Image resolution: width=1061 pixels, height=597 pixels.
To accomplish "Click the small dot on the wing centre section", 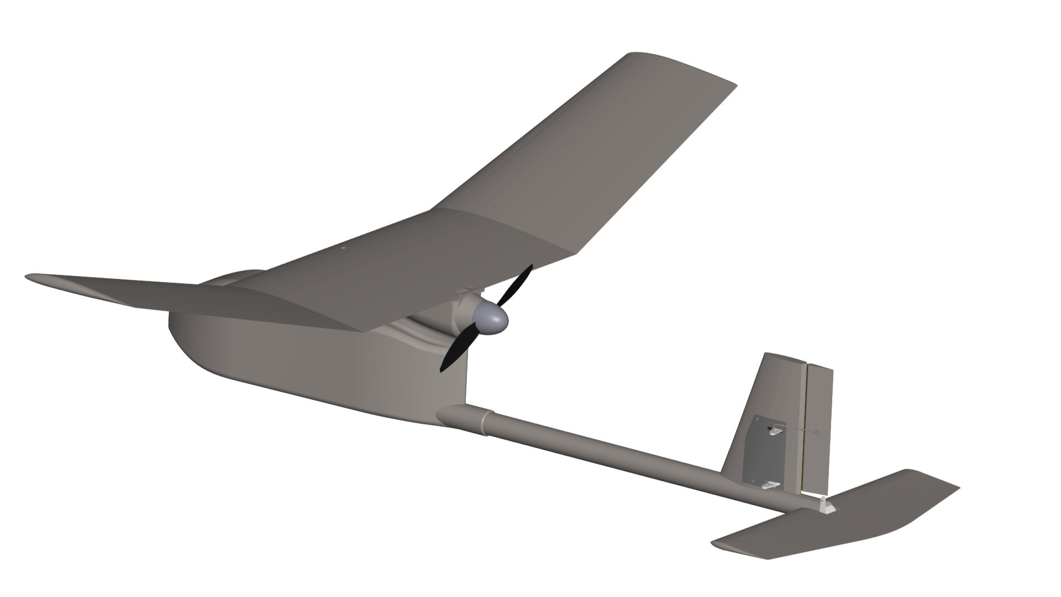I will tap(343, 248).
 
